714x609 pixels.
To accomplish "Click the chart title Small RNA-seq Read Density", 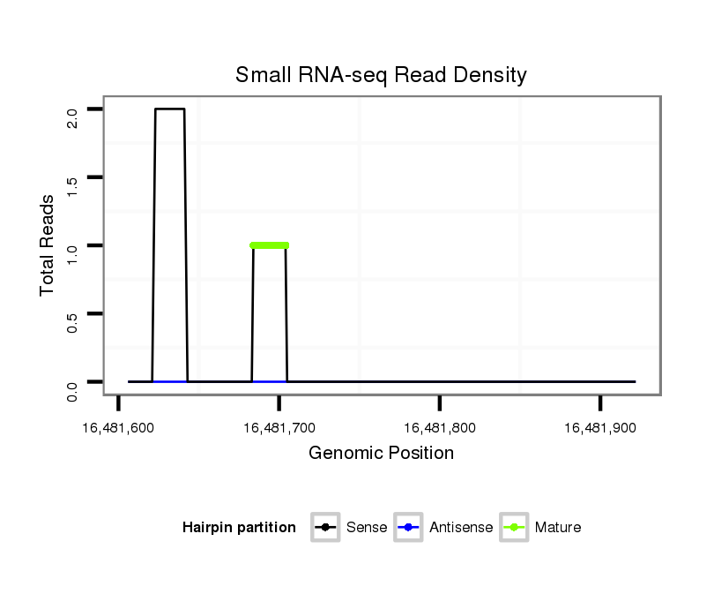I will click(x=381, y=75).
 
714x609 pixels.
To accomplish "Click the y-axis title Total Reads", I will click(x=48, y=245).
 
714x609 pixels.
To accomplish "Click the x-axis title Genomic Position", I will click(x=381, y=454).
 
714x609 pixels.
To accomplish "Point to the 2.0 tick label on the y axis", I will click(x=73, y=117).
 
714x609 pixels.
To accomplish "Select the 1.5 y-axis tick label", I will click(x=73, y=185).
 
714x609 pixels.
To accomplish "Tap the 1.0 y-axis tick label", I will click(x=73, y=253).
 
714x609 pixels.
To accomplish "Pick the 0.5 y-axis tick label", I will click(x=73, y=322).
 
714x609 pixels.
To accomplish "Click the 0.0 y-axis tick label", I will click(x=73, y=390).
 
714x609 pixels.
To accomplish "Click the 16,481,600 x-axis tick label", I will click(x=119, y=428).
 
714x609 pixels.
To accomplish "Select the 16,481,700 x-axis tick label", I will click(x=279, y=428).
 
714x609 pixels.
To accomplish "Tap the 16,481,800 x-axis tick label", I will click(x=440, y=428).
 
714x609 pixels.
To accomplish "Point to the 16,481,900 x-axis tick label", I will click(x=599, y=428).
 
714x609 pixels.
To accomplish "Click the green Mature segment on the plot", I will click(x=270, y=245).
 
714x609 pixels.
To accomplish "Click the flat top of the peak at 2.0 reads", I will click(x=170, y=109).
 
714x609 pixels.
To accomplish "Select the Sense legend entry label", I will click(x=367, y=528).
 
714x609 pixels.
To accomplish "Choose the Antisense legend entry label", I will click(x=461, y=528).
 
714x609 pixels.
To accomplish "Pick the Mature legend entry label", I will click(x=558, y=528).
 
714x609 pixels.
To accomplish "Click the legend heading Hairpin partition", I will click(x=239, y=528).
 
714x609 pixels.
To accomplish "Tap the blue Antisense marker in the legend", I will click(x=410, y=528).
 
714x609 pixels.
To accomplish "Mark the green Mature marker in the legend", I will click(x=514, y=528).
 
